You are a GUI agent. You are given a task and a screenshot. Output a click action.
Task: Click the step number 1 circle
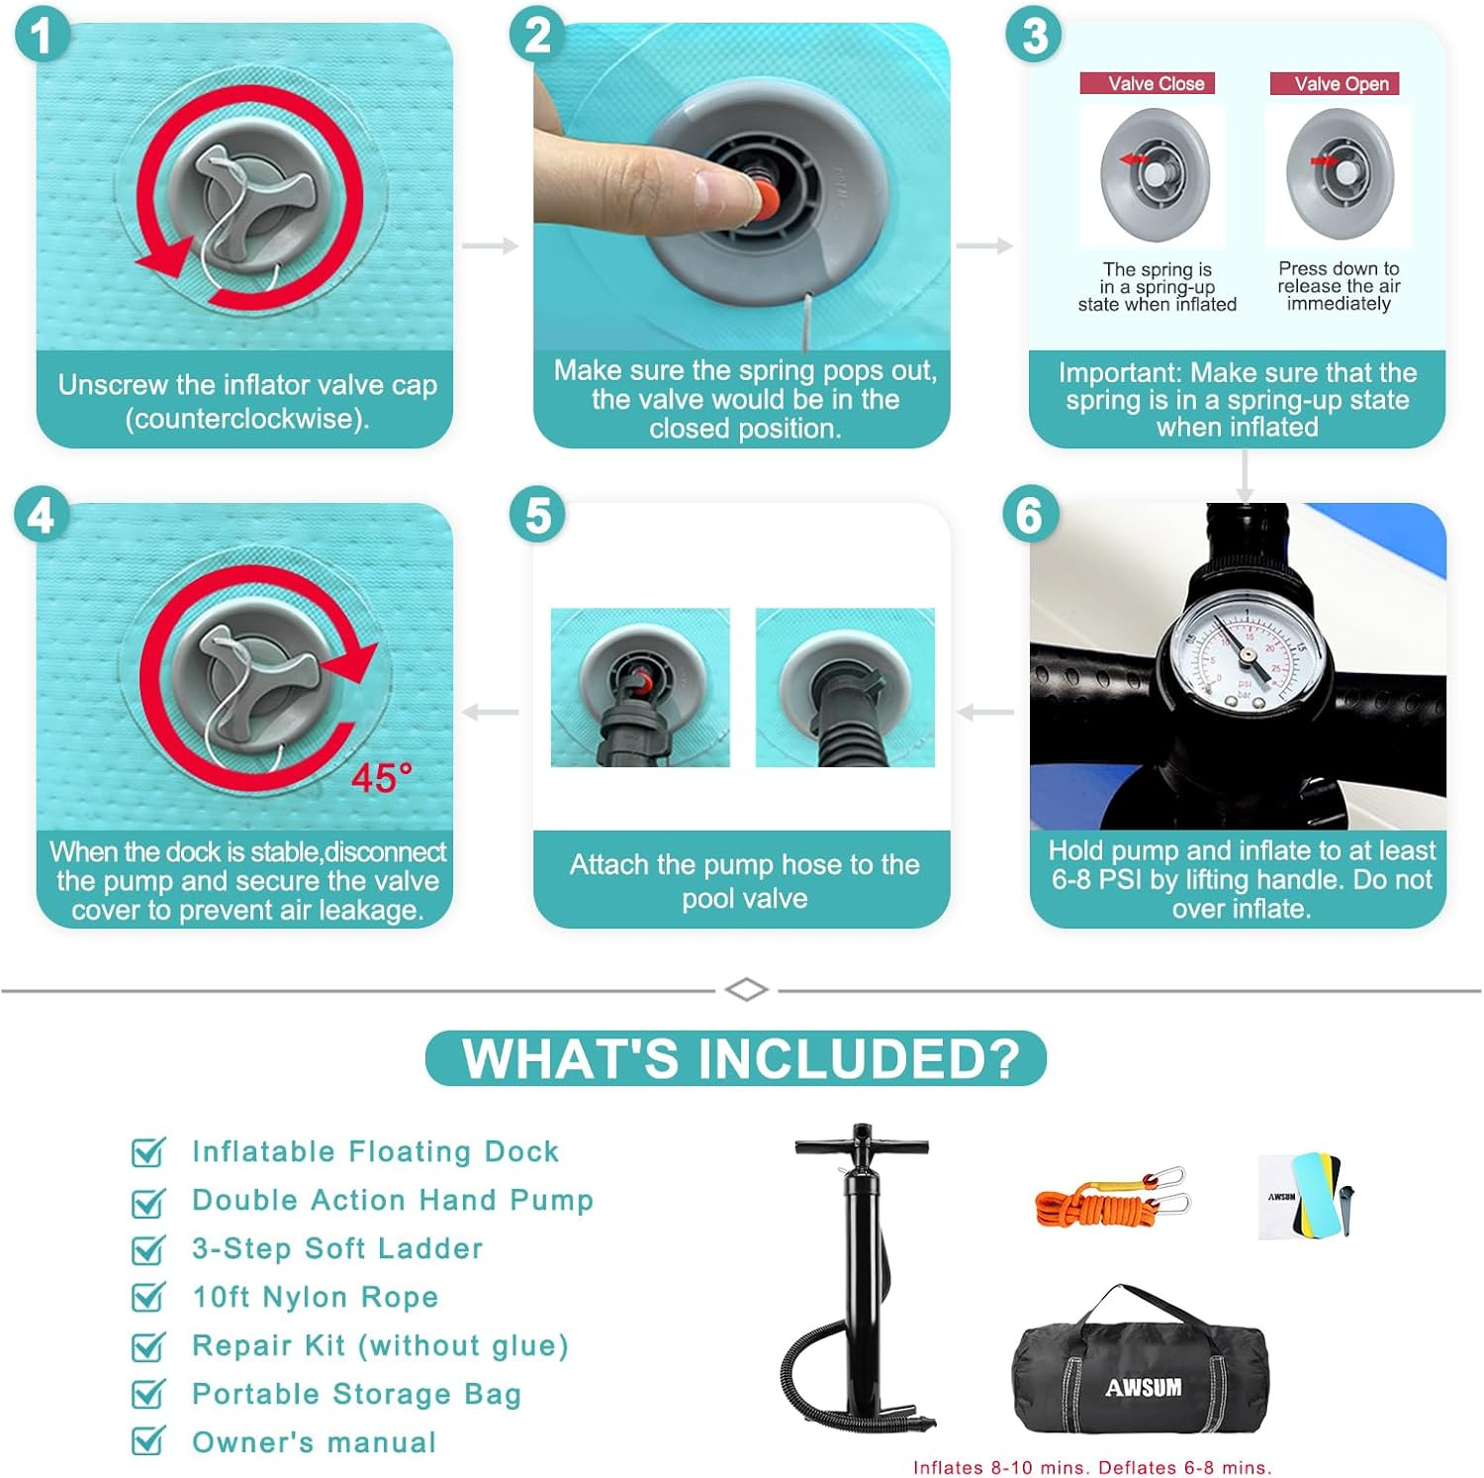(x=42, y=36)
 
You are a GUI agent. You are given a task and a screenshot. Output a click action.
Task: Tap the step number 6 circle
(x=1030, y=515)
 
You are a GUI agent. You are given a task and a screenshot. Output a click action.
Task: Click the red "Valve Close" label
(x=1148, y=84)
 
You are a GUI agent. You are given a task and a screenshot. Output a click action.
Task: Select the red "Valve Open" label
(x=1335, y=84)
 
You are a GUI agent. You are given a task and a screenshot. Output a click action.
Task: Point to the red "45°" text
(x=381, y=778)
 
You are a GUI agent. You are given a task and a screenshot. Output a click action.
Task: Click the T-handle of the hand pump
(x=862, y=1145)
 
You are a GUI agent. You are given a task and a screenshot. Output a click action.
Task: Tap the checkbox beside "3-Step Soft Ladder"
(x=148, y=1249)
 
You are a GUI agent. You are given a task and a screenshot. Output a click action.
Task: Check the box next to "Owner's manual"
(x=148, y=1441)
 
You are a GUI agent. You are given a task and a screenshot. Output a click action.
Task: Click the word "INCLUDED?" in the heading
(x=860, y=1058)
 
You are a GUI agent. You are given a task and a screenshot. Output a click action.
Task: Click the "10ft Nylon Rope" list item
(x=315, y=1297)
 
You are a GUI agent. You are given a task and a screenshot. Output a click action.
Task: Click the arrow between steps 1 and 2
(x=490, y=246)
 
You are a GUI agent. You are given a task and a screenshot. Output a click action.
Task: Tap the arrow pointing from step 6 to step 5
(x=986, y=712)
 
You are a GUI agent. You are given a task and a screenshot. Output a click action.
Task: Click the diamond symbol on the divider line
(x=746, y=989)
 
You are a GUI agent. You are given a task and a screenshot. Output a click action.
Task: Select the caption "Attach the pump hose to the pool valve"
(x=744, y=881)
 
